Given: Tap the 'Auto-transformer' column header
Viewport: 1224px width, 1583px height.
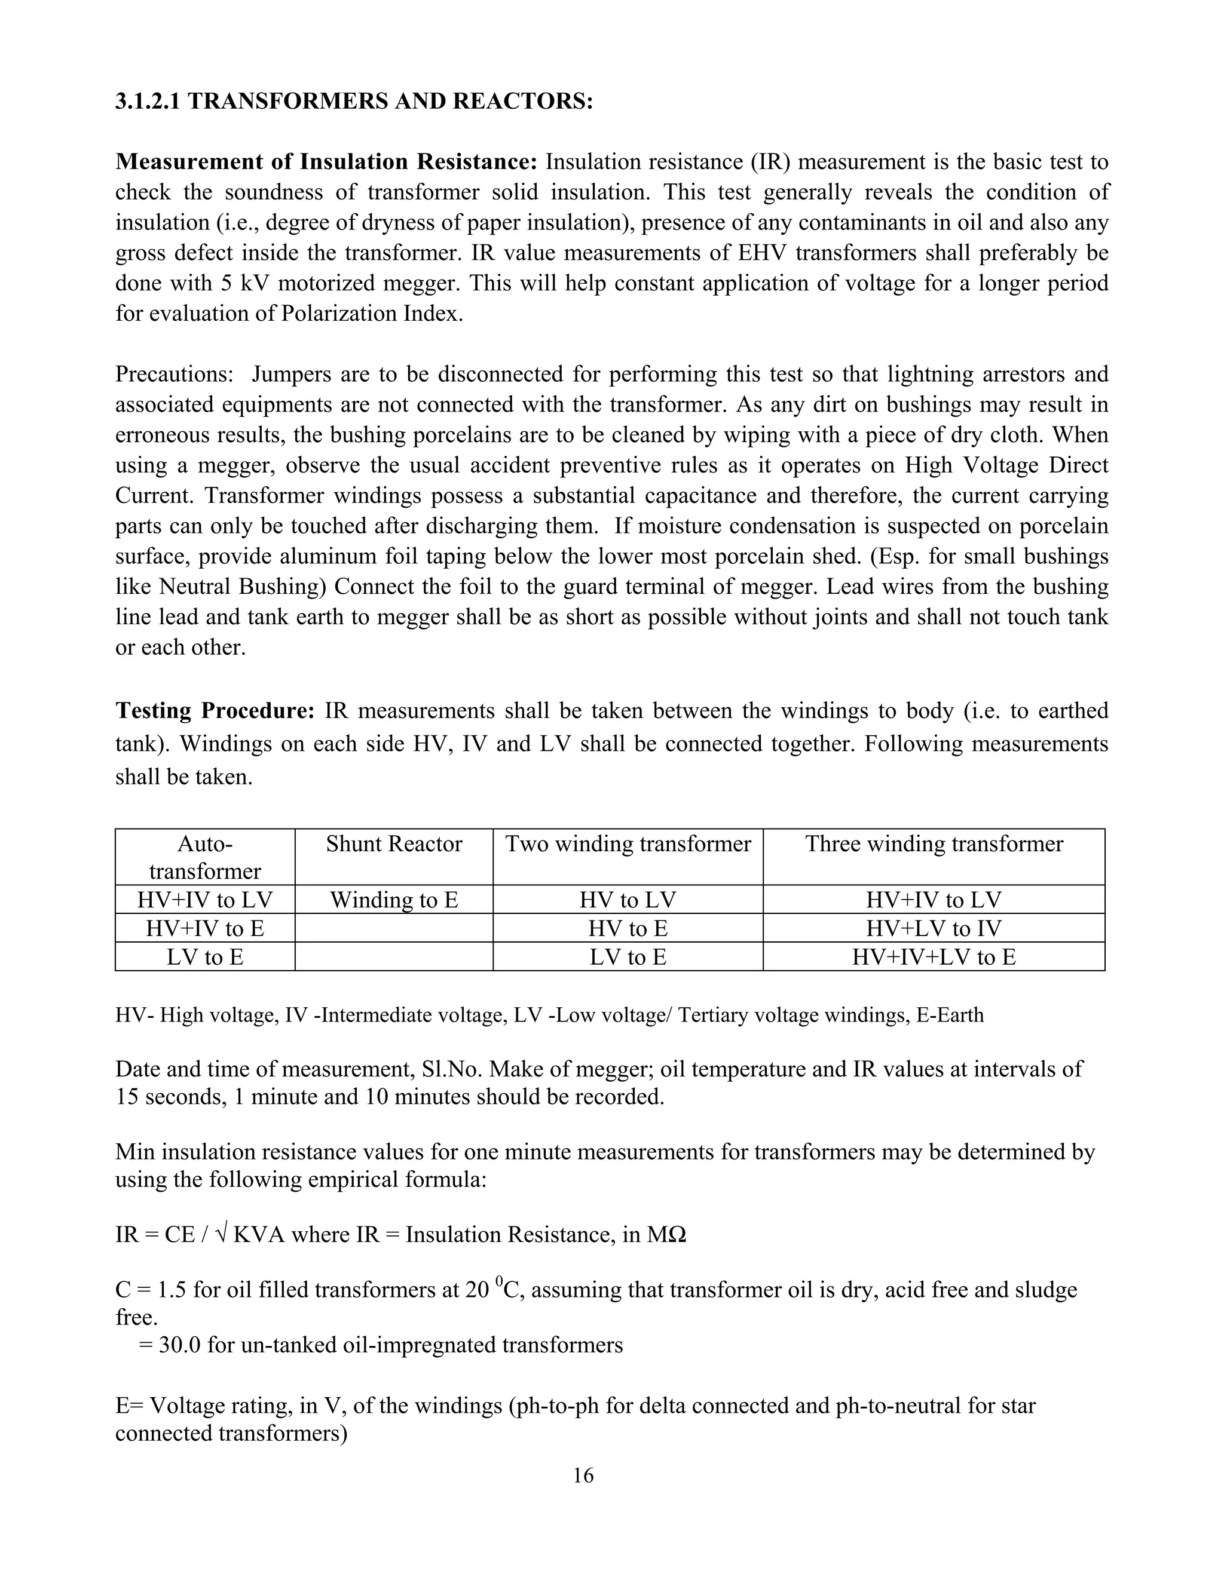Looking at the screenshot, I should click(205, 857).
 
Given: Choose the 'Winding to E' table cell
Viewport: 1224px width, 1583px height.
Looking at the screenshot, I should click(394, 900).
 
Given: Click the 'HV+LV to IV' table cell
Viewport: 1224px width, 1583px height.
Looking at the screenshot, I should click(934, 928).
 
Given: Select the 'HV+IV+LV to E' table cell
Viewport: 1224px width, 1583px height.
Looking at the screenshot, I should click(934, 958).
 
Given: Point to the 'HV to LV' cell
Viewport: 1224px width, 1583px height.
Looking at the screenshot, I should click(628, 900).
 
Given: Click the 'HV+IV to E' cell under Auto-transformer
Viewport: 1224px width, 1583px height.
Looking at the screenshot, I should click(205, 928).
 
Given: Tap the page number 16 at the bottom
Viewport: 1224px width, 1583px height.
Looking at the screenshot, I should click(583, 1475).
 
